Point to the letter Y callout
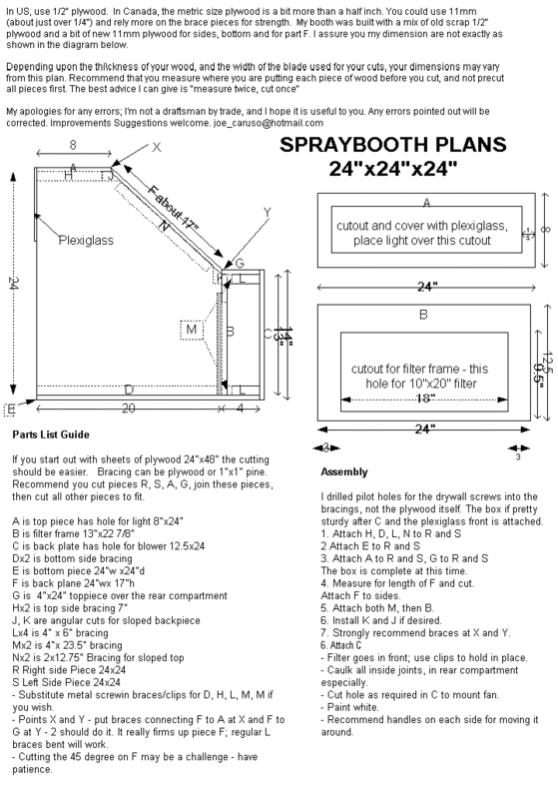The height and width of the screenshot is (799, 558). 267,212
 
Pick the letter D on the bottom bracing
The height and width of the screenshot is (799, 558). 128,389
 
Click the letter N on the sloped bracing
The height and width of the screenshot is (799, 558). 162,227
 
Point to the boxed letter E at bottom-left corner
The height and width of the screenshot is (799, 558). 10,408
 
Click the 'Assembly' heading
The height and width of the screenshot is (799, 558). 344,470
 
